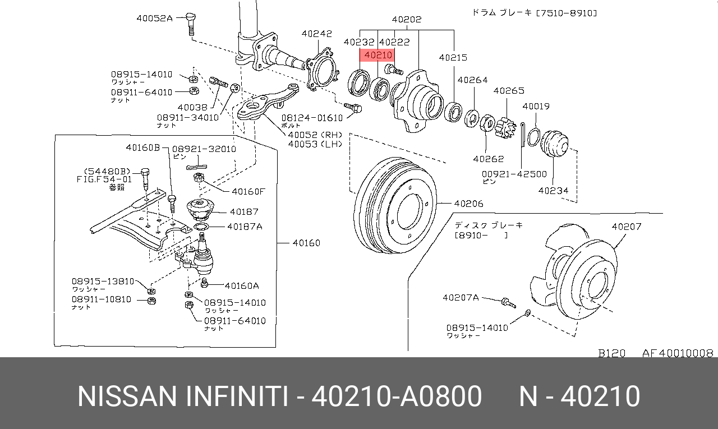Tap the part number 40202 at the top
coord(407,20)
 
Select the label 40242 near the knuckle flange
coord(317,34)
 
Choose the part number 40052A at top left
coord(155,18)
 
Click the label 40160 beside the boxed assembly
coord(306,243)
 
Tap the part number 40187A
coord(245,227)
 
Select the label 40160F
coord(248,191)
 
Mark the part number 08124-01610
coord(311,118)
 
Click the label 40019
coord(536,107)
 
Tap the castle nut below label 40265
coord(507,128)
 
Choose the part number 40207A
coord(461,298)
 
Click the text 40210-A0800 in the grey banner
coord(396,396)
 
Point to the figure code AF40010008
coord(678,353)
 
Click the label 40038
coord(192,107)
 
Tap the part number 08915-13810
coord(103,282)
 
